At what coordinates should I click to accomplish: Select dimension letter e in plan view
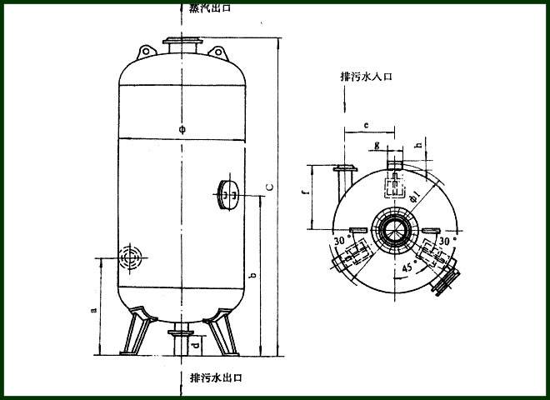pos(367,125)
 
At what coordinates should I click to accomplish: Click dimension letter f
pos(305,194)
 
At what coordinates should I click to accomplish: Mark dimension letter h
pos(417,145)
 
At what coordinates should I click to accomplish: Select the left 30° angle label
pos(341,241)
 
